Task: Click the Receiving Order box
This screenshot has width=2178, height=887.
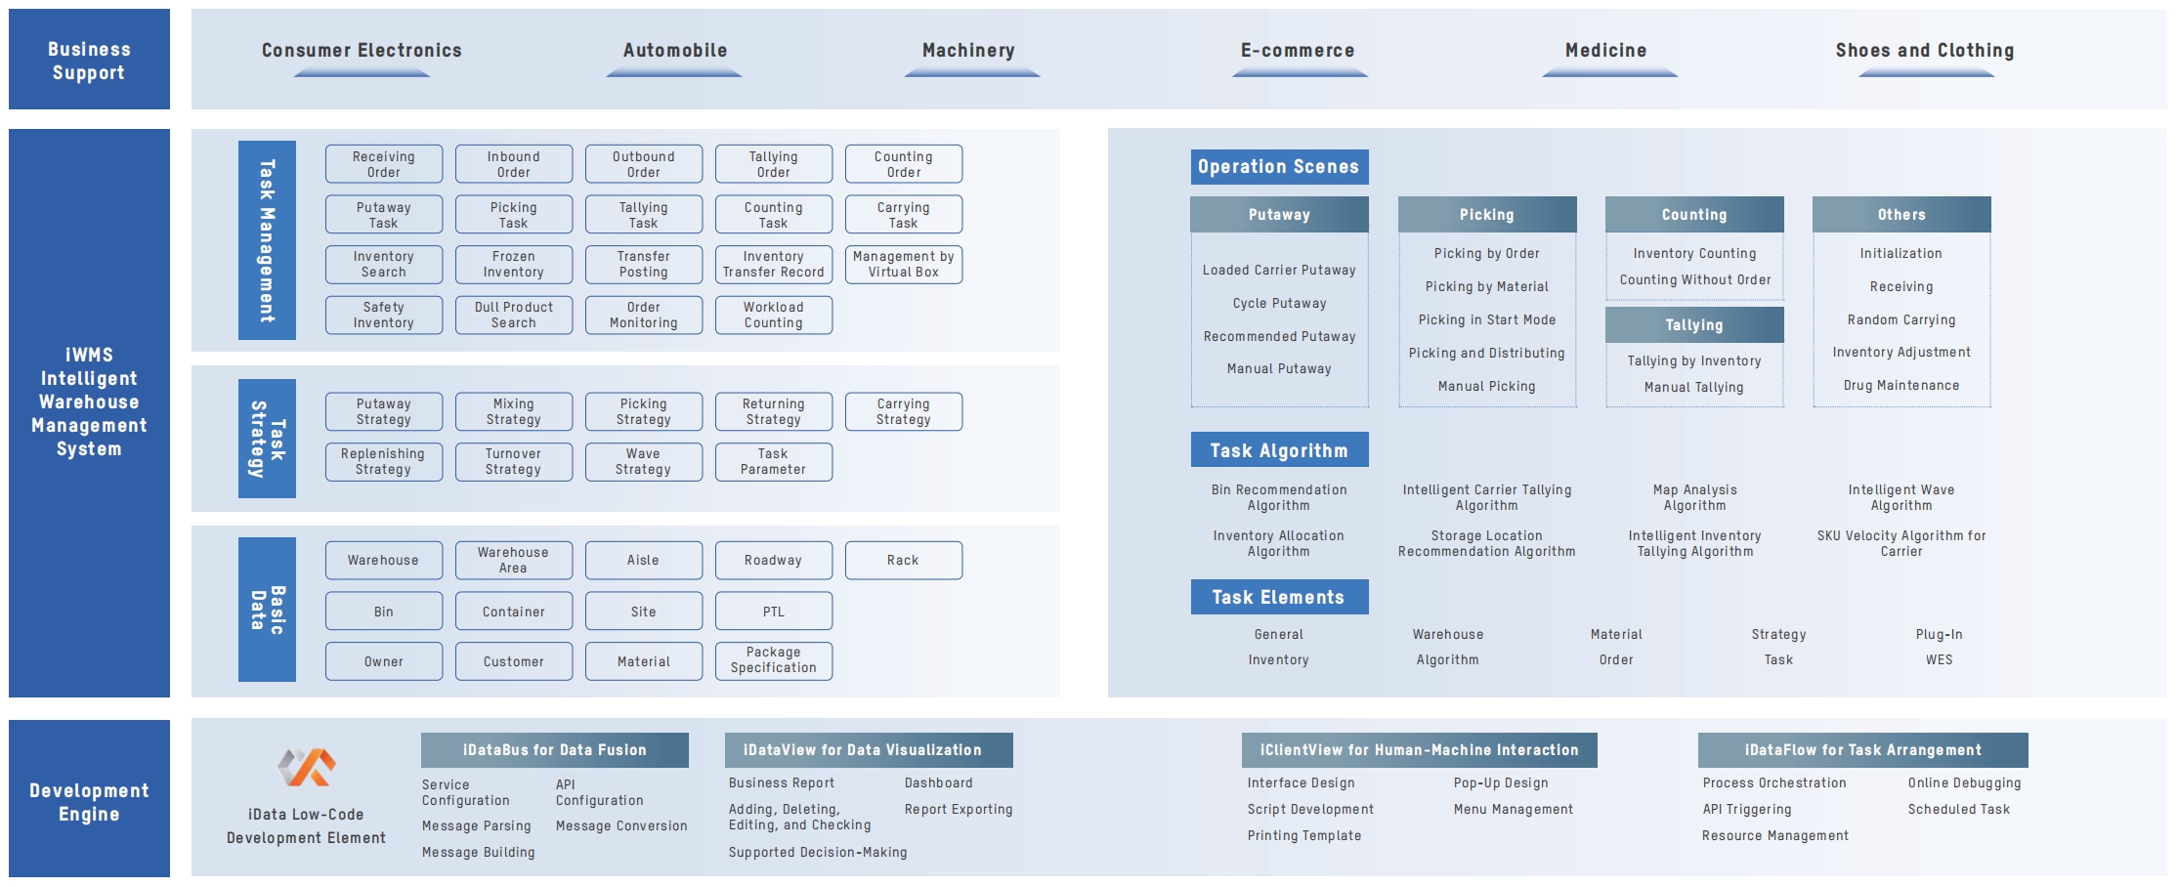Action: tap(384, 164)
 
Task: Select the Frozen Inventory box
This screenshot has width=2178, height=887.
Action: tap(514, 265)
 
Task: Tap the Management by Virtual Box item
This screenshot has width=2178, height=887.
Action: tap(904, 265)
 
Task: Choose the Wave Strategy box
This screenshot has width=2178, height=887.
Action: tap(644, 462)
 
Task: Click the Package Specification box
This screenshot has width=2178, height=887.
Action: tap(774, 660)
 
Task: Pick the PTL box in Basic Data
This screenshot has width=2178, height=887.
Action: tap(774, 612)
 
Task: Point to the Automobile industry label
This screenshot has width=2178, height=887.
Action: tap(675, 51)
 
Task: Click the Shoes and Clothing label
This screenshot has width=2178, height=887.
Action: tap(1925, 51)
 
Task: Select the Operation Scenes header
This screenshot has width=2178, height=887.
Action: tap(1279, 167)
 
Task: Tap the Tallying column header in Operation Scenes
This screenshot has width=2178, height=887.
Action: tap(1694, 325)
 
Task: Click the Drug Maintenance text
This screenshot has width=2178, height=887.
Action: tap(1901, 386)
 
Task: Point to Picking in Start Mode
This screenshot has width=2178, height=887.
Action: tap(1487, 320)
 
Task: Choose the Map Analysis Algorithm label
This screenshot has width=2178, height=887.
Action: tap(1695, 498)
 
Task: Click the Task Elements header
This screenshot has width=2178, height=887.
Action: tap(1279, 598)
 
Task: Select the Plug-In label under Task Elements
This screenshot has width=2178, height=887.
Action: tap(1940, 635)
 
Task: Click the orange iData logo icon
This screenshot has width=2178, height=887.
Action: tap(307, 768)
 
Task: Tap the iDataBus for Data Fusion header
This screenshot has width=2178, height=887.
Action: tap(555, 750)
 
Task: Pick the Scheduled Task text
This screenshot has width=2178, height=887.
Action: tap(1959, 810)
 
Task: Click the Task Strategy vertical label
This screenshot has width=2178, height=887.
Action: tap(267, 439)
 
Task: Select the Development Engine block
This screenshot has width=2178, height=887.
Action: tap(89, 799)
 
